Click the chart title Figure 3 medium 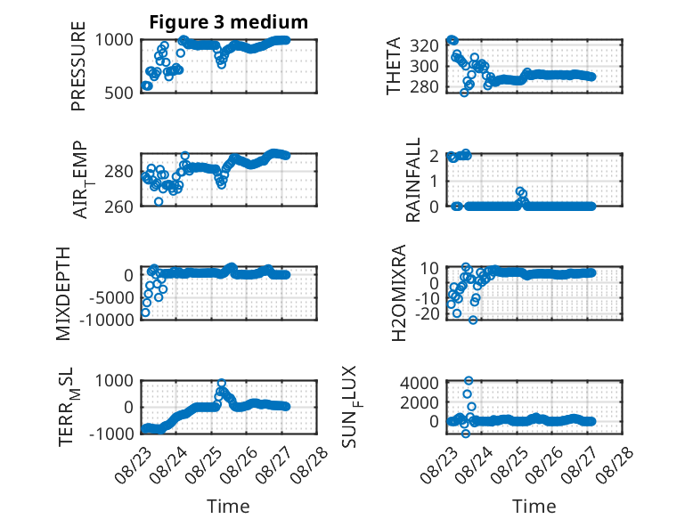229,22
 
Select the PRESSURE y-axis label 78,66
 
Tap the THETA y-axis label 393,66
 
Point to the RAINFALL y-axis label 412,180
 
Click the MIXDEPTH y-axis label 63,294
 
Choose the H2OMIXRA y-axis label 399,293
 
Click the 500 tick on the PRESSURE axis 118,93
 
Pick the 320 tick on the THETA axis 424,45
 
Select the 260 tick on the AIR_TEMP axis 118,207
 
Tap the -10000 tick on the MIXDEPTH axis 107,320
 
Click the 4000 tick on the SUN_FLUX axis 420,383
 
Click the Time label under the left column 229,507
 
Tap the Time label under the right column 534,507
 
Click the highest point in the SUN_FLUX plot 469,381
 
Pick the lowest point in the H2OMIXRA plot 473,320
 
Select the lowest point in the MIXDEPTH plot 145,312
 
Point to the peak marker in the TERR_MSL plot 222,383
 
